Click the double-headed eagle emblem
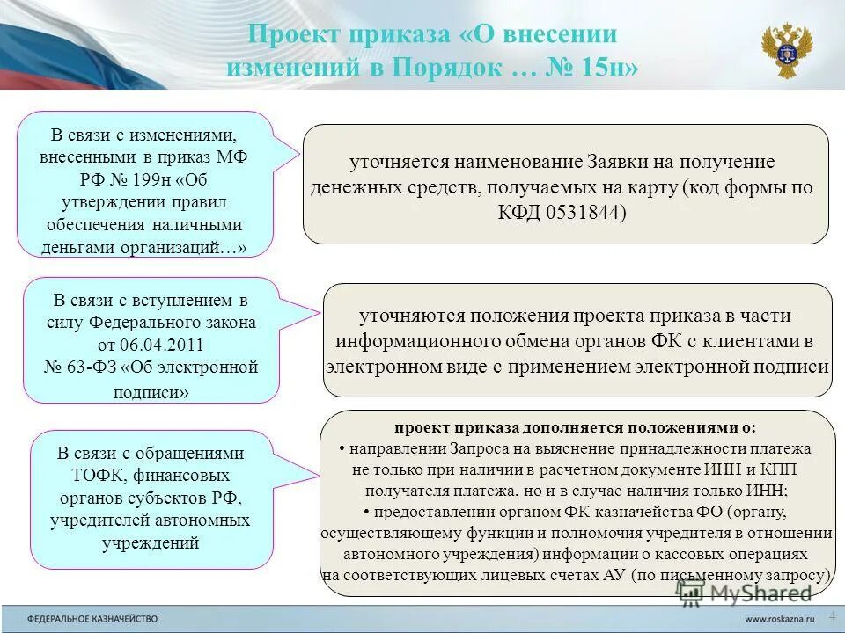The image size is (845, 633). point(786,51)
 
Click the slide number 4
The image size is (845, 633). point(832,615)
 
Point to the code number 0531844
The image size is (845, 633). point(582,213)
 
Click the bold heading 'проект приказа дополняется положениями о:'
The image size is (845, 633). point(575,427)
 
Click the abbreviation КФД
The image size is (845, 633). point(515,213)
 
